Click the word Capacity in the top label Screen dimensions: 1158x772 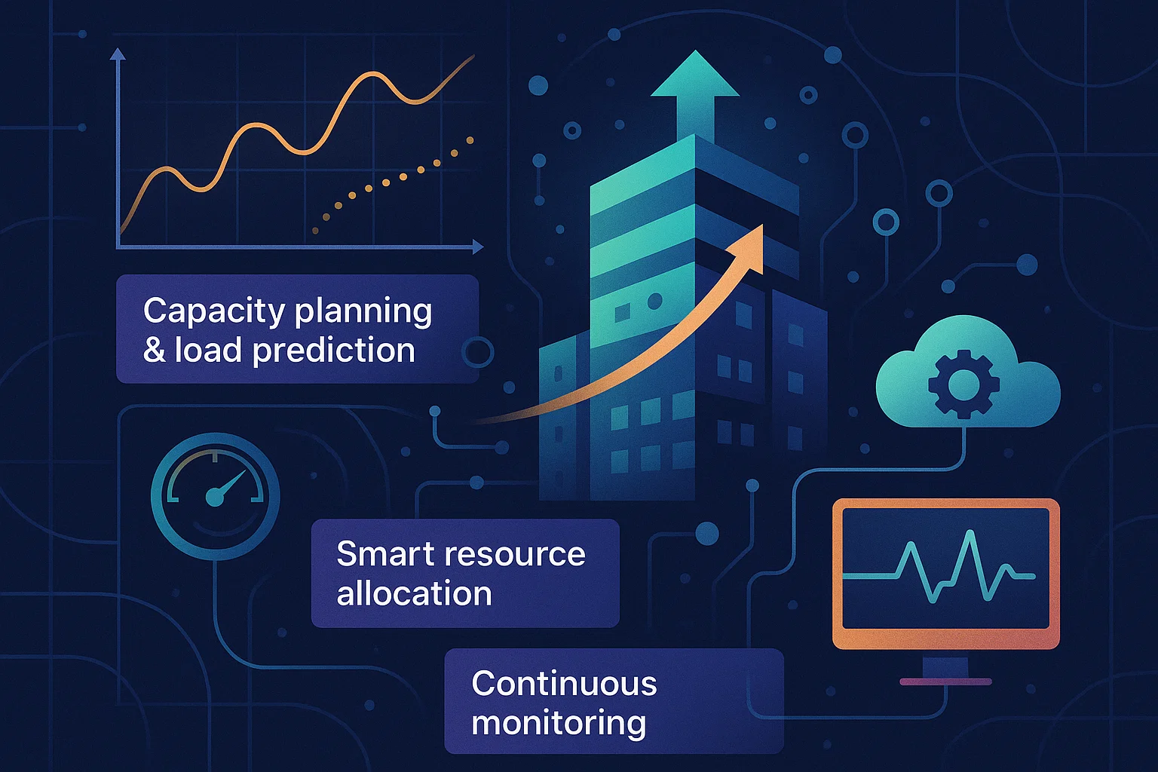tap(214, 312)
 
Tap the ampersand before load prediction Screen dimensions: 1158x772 tap(154, 350)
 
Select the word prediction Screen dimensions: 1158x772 tap(334, 351)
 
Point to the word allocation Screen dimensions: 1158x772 tap(414, 593)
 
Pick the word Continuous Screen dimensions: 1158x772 tap(564, 683)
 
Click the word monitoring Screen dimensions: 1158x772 tap(559, 724)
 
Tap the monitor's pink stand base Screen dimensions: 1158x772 tap(945, 682)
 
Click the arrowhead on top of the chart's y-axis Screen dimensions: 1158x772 tap(118, 54)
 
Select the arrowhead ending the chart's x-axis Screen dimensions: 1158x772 tap(478, 247)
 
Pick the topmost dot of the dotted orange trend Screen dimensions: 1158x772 tap(470, 140)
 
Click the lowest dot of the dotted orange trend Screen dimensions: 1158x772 tap(315, 231)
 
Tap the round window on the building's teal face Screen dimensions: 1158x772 tap(655, 300)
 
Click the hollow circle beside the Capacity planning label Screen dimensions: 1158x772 tap(478, 351)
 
